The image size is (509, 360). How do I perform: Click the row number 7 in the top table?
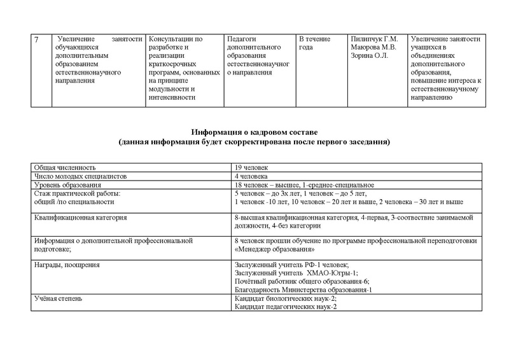(36, 39)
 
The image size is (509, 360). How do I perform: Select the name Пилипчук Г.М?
(373, 39)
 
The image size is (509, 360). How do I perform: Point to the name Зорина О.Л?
(369, 55)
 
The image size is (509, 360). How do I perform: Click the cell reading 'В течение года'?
(315, 43)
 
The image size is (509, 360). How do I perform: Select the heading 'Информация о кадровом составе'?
(254, 131)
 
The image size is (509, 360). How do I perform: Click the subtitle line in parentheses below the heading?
(254, 141)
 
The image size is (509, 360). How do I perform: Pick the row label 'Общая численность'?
(63, 166)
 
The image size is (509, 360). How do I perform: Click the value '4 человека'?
(251, 175)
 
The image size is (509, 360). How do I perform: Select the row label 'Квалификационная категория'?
(80, 218)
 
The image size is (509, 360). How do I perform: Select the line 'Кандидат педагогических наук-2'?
(286, 307)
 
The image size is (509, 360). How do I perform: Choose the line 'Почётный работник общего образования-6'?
(302, 280)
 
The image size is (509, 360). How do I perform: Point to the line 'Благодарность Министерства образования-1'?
(303, 289)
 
